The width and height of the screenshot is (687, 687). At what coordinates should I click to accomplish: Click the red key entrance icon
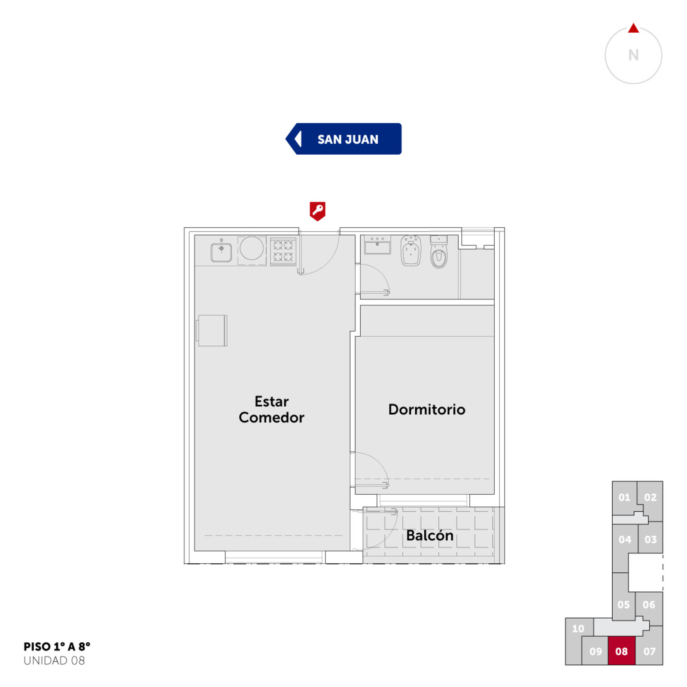click(x=317, y=211)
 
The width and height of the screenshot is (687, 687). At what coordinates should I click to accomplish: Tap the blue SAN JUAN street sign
click(x=343, y=139)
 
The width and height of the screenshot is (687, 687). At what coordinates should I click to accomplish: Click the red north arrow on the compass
click(x=633, y=28)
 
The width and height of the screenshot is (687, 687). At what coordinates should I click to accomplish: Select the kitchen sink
click(x=221, y=252)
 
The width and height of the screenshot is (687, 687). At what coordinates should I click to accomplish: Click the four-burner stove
click(x=283, y=251)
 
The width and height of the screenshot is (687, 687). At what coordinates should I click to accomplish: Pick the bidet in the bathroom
click(x=411, y=250)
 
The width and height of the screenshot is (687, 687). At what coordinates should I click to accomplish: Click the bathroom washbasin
click(x=377, y=245)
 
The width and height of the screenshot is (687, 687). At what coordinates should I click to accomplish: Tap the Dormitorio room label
click(x=427, y=409)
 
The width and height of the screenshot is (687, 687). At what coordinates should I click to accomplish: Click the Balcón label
click(x=430, y=535)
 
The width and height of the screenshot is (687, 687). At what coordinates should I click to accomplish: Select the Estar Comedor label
click(x=271, y=409)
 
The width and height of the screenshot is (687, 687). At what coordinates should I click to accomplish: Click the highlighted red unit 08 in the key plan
click(x=621, y=651)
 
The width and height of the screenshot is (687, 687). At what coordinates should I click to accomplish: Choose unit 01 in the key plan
click(x=624, y=497)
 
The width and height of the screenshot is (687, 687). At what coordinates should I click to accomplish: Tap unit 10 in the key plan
click(x=578, y=629)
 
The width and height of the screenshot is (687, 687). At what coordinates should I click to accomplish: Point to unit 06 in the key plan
click(x=649, y=605)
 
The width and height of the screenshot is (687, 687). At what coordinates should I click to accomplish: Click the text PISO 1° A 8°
click(x=57, y=647)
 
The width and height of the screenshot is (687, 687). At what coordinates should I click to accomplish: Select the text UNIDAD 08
click(x=54, y=660)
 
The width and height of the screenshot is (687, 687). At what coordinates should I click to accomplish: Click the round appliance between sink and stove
click(x=252, y=248)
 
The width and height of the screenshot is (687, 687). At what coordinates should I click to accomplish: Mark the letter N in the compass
click(x=633, y=55)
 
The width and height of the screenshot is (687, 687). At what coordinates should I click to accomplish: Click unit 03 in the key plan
click(x=651, y=539)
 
